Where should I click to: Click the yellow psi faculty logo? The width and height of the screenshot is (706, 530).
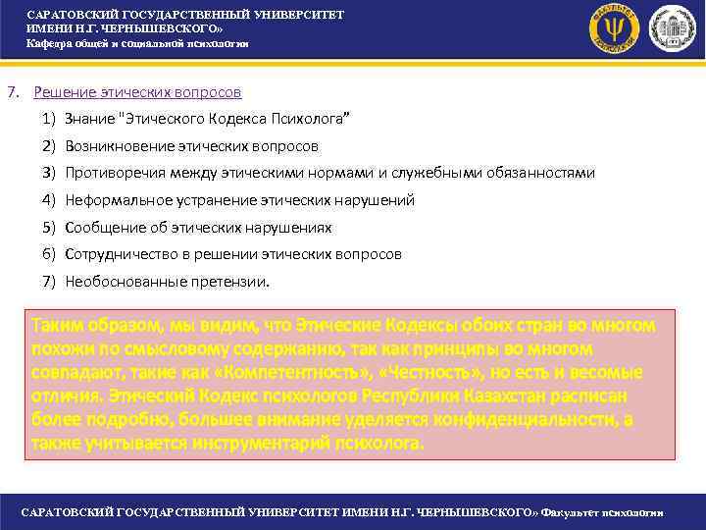point(615,28)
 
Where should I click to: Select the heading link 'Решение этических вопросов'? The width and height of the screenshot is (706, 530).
point(137,92)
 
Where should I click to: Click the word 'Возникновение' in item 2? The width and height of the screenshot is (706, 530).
point(112,146)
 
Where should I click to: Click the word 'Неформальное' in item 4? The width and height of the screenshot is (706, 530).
point(111,200)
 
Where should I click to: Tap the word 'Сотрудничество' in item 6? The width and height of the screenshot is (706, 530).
point(117,254)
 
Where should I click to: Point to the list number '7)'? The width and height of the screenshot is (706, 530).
point(48,282)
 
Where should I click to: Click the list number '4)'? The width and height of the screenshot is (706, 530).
point(48,200)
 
